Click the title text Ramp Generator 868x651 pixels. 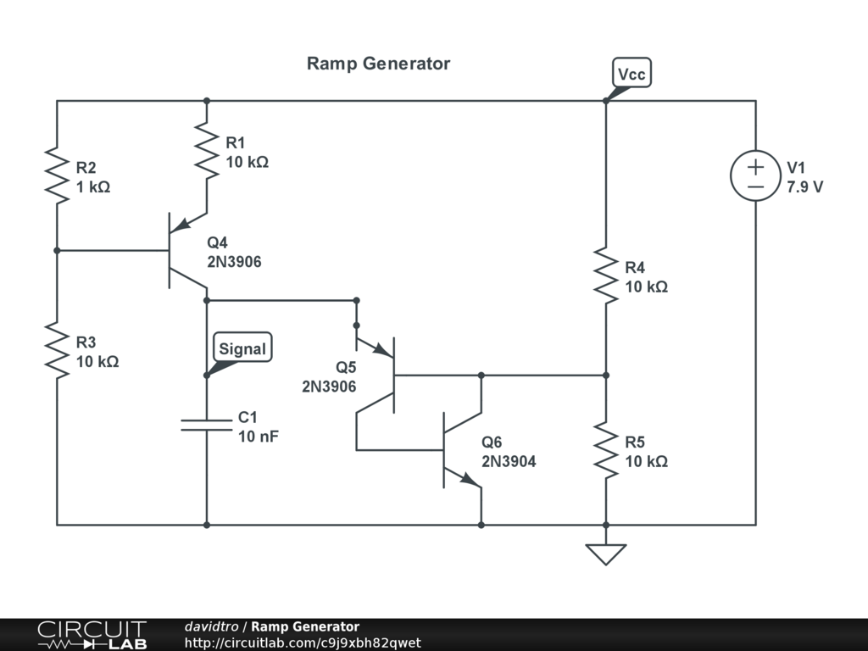click(x=378, y=64)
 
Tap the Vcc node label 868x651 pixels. click(x=632, y=75)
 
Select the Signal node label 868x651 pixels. click(x=242, y=348)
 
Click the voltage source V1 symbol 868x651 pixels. click(x=755, y=175)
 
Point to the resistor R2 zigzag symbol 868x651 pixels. click(x=57, y=175)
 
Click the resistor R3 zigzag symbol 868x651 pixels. click(x=57, y=351)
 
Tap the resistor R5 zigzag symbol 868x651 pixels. click(x=606, y=450)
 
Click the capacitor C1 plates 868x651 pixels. click(x=207, y=425)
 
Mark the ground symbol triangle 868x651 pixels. click(x=606, y=554)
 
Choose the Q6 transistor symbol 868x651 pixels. click(x=458, y=450)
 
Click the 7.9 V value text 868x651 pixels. click(x=804, y=187)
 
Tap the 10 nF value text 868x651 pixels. click(x=259, y=437)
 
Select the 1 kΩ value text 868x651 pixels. click(x=93, y=187)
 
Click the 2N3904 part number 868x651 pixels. click(x=509, y=462)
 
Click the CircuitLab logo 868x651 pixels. click(x=92, y=635)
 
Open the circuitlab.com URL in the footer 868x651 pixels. click(x=303, y=643)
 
